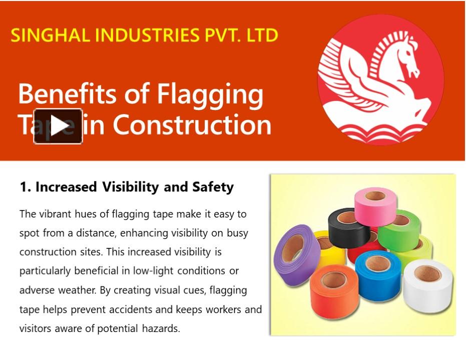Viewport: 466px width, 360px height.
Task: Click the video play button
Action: (58, 126)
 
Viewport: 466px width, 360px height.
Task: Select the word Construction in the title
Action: (192, 125)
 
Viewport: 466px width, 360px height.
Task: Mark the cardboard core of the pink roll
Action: (375, 196)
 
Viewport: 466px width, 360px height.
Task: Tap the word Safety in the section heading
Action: (213, 187)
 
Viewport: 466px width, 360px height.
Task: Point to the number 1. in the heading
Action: (26, 187)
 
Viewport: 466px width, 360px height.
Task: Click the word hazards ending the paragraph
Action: (160, 328)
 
